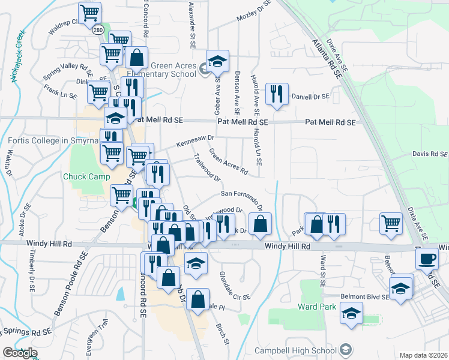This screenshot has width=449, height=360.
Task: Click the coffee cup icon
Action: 427,259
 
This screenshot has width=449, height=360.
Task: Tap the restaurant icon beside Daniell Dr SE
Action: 276,93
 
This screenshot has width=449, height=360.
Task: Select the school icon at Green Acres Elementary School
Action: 217,60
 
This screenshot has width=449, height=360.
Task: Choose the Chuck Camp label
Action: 87,176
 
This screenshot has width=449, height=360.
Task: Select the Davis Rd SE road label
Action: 430,154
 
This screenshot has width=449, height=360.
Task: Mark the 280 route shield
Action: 97,28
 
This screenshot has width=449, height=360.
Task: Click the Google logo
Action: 20,353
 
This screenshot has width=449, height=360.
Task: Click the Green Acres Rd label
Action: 228,161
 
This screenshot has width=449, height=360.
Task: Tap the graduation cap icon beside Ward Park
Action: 351,313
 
